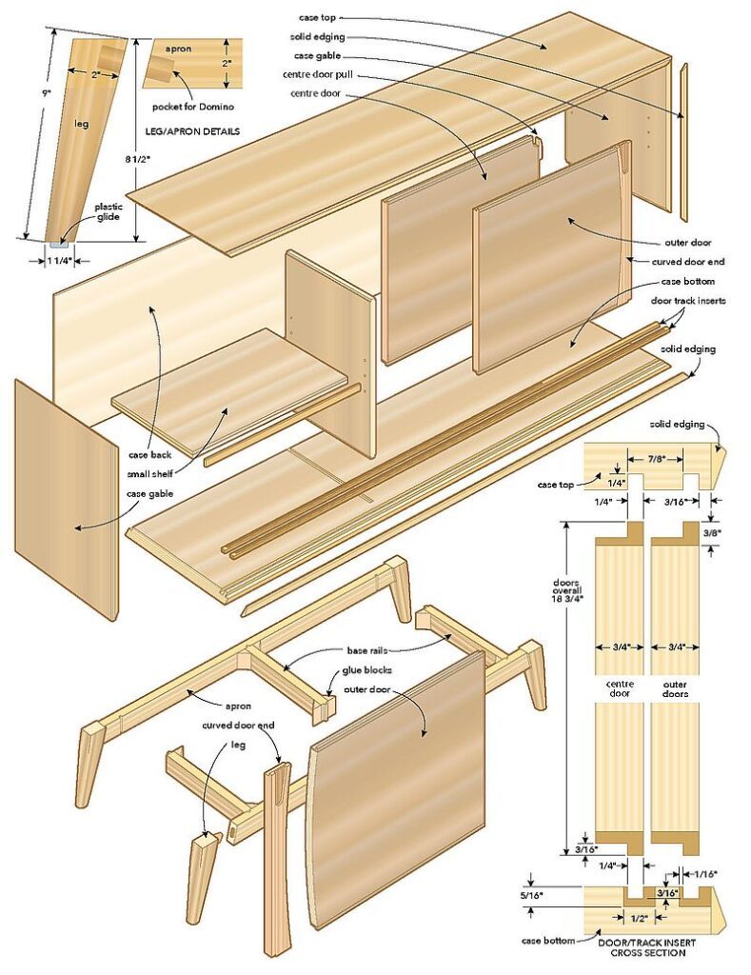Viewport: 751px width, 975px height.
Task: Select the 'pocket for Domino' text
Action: click(191, 107)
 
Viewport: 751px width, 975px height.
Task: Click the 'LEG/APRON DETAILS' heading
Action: click(191, 130)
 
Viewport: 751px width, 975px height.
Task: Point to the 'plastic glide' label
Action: click(107, 211)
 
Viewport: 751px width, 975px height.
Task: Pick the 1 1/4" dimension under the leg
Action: click(58, 259)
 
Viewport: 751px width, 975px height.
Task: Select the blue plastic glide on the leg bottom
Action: click(59, 244)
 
